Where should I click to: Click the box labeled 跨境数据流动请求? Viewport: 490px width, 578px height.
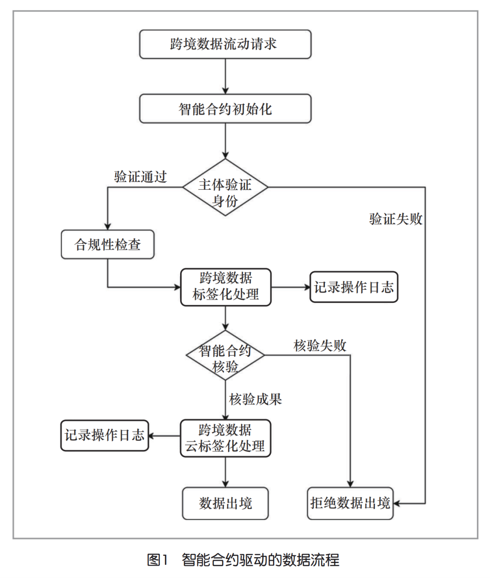tap(225, 44)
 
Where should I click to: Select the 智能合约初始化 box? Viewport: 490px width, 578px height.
tap(225, 109)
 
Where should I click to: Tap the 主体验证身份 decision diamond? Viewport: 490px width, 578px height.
tap(225, 188)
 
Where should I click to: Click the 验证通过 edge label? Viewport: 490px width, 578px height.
tap(140, 177)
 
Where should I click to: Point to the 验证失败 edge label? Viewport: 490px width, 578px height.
tap(396, 219)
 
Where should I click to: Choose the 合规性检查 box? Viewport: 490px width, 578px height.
tap(108, 245)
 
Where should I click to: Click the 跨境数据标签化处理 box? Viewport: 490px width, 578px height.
tap(225, 287)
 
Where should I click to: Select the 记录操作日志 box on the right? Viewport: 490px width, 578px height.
tap(353, 287)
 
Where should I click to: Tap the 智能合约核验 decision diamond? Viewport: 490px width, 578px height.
tap(225, 355)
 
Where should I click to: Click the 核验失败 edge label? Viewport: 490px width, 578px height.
tap(320, 346)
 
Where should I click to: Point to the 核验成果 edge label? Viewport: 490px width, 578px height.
tap(255, 399)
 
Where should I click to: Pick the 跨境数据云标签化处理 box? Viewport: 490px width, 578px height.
tap(225, 438)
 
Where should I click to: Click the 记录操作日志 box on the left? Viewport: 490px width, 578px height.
tap(104, 435)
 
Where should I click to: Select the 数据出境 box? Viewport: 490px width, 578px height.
tap(225, 504)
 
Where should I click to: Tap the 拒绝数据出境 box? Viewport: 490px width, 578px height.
tap(350, 504)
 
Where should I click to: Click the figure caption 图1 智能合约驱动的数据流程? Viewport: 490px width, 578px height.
tap(243, 560)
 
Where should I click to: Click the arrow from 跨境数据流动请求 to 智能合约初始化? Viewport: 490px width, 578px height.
tap(225, 76)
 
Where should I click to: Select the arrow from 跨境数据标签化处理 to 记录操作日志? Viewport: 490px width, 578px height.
tap(290, 287)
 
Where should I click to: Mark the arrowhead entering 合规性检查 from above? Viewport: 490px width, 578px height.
tap(108, 226)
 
